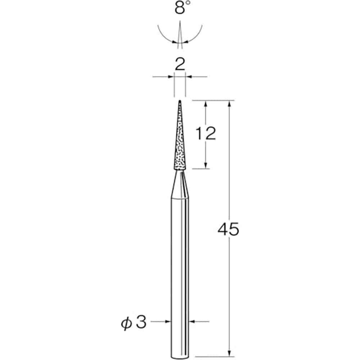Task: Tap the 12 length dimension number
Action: tap(206, 134)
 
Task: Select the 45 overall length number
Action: tap(229, 229)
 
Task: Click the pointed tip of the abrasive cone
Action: tap(180, 100)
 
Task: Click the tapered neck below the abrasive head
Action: tap(180, 184)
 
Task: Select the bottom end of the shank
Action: tap(180, 358)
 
